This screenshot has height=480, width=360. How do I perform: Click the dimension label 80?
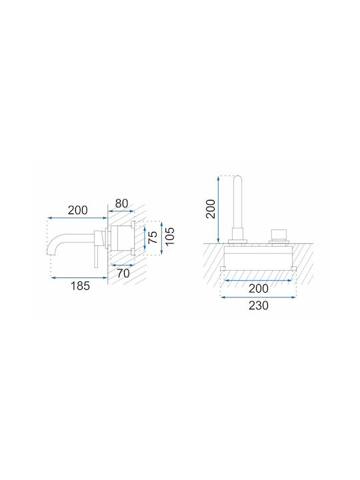(x=121, y=203)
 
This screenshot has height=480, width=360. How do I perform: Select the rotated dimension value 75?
(x=153, y=237)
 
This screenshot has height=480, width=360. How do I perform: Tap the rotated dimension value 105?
(x=169, y=236)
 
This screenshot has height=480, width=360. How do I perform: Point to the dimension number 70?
(x=123, y=273)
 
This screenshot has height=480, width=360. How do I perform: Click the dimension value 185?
(x=80, y=286)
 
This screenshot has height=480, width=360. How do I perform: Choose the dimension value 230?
(x=259, y=305)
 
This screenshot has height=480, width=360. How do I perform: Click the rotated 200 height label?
(x=211, y=209)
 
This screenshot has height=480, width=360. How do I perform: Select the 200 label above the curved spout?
(x=77, y=210)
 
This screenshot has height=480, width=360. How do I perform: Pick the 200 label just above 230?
(x=259, y=289)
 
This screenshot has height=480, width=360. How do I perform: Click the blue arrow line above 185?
(x=79, y=277)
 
